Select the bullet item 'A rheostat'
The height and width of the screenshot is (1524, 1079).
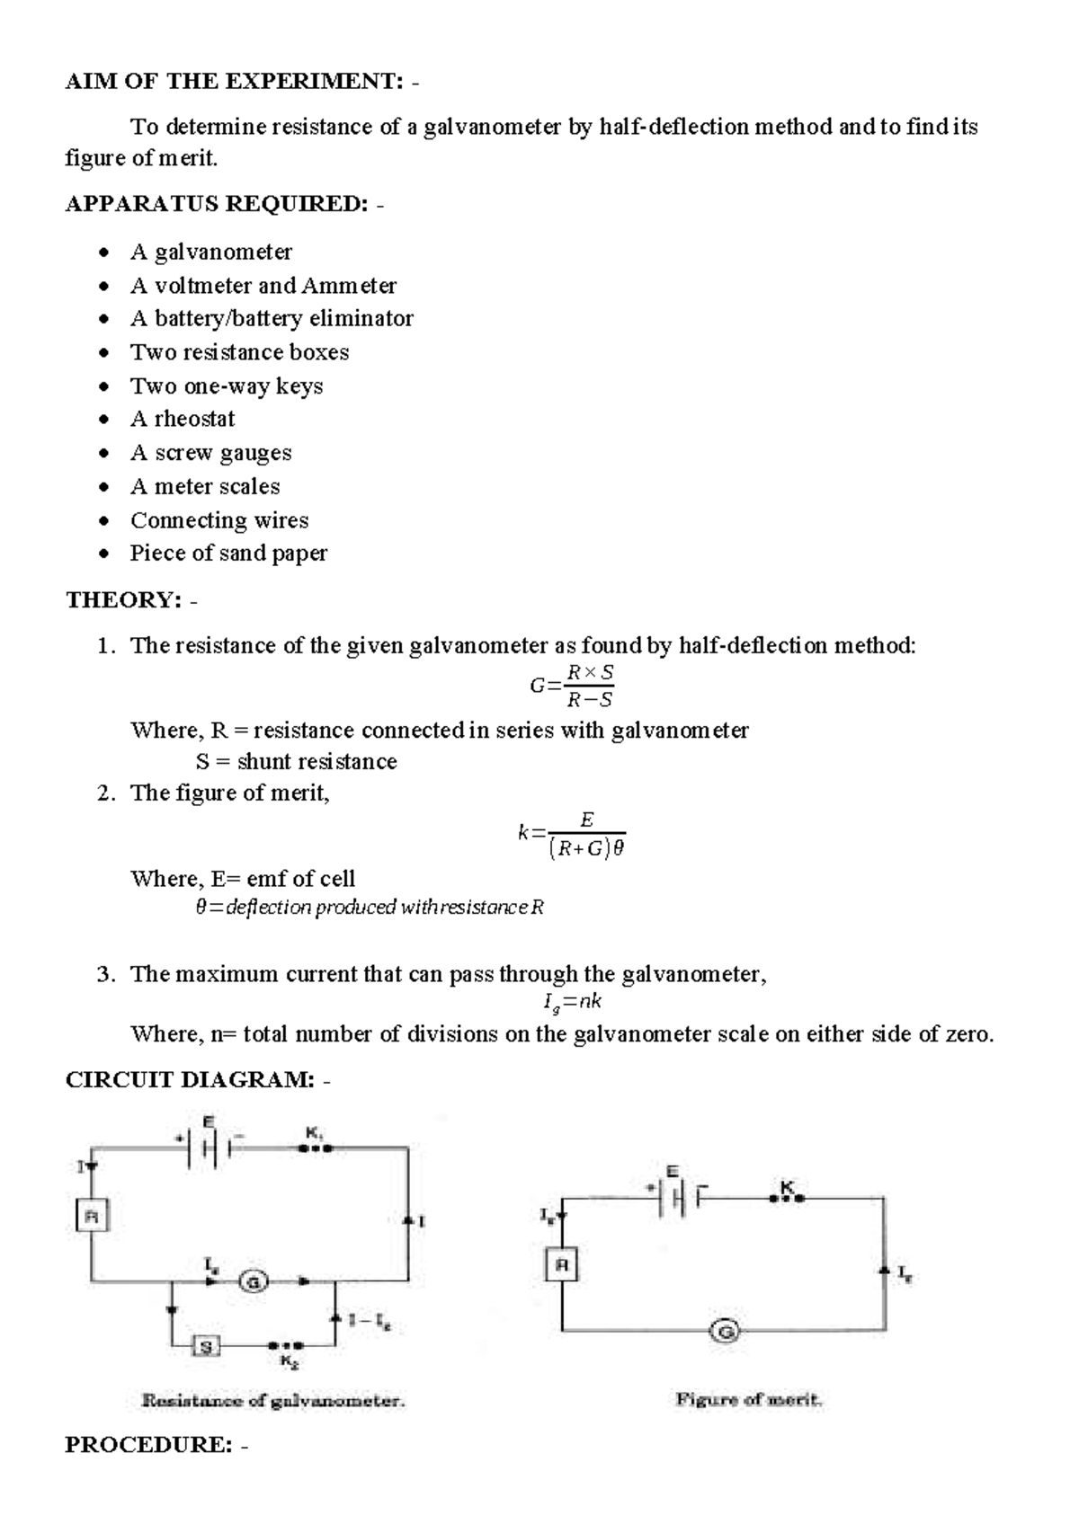coord(183,419)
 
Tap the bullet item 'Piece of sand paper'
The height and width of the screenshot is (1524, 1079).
coord(228,554)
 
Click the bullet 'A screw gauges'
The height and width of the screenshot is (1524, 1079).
coord(210,453)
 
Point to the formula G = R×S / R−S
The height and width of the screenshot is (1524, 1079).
coord(573,686)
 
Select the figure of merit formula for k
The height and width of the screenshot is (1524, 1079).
coord(572,835)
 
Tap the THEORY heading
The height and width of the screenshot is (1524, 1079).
coord(123,600)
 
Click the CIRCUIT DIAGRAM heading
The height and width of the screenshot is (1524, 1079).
coord(190,1080)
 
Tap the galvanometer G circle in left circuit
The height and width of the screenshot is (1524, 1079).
coord(254,1282)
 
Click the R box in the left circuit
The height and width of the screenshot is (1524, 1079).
coord(91,1218)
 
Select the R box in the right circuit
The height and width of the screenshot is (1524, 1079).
coord(562,1266)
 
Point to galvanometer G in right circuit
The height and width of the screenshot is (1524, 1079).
coord(724,1331)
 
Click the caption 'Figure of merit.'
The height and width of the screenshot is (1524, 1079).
coord(749,1399)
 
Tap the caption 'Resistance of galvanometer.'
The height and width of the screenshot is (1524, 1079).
coord(273,1400)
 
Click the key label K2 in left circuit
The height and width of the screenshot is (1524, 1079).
coord(290,1362)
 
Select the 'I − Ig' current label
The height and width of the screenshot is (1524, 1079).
coord(370,1321)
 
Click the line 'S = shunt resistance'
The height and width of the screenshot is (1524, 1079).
coord(296,762)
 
